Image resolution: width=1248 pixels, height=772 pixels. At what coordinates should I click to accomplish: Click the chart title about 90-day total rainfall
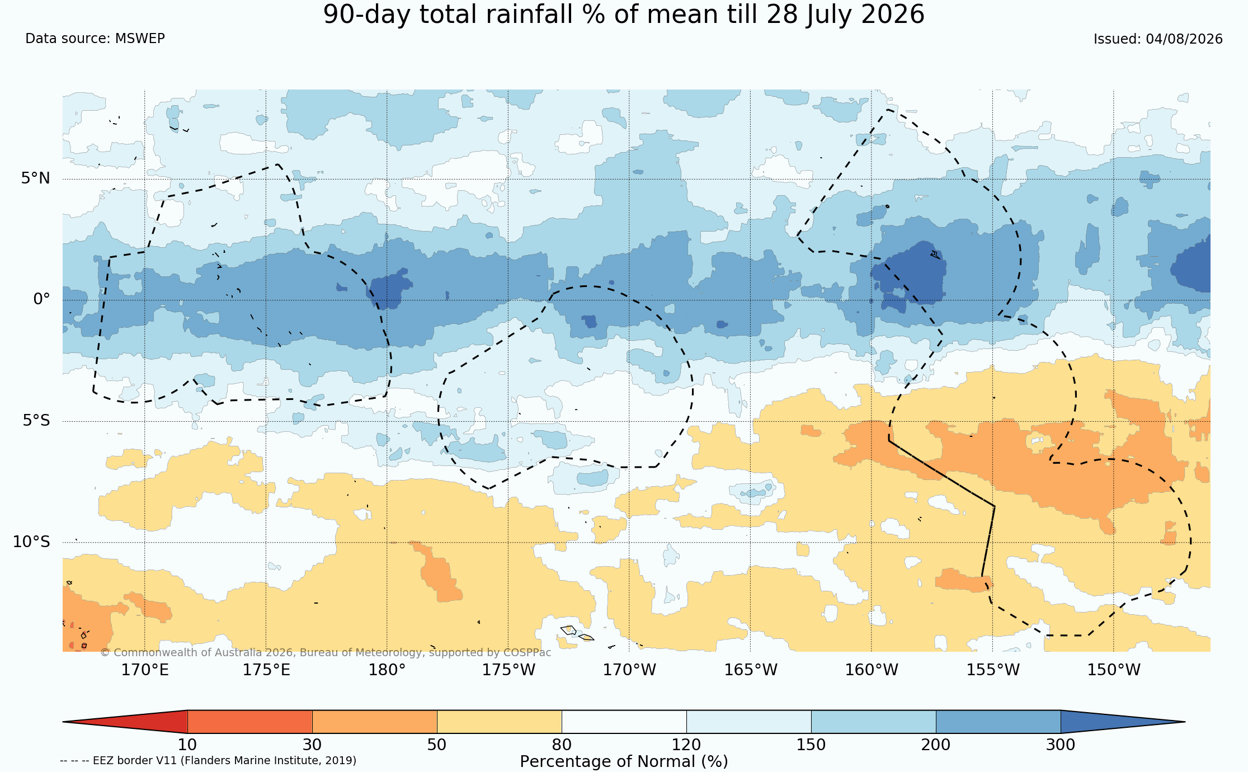pyautogui.click(x=624, y=15)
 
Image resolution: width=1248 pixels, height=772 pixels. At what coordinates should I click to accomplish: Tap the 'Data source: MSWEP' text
pyautogui.click(x=95, y=39)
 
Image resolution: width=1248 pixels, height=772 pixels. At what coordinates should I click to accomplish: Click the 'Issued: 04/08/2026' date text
pyautogui.click(x=1158, y=39)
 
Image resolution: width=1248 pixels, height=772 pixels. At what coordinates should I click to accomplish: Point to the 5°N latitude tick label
pyautogui.click(x=36, y=178)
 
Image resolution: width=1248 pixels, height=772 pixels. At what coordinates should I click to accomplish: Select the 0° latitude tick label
pyautogui.click(x=42, y=299)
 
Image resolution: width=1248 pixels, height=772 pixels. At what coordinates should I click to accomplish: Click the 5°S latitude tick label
pyautogui.click(x=36, y=421)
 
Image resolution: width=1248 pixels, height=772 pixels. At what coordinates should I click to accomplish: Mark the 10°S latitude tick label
pyautogui.click(x=32, y=542)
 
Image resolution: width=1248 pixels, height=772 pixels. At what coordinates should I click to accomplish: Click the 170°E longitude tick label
pyautogui.click(x=145, y=670)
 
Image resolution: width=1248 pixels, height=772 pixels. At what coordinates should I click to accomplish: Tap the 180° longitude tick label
pyautogui.click(x=387, y=670)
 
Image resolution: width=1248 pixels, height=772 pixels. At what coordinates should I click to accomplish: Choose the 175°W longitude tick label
pyautogui.click(x=508, y=670)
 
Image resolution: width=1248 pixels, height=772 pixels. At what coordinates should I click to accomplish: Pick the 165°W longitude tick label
pyautogui.click(x=751, y=670)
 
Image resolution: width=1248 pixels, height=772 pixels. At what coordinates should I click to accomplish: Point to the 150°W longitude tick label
pyautogui.click(x=1114, y=670)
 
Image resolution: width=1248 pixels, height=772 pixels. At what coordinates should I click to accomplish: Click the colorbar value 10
pyautogui.click(x=187, y=745)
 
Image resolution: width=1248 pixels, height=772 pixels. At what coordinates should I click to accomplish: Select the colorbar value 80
pyautogui.click(x=562, y=745)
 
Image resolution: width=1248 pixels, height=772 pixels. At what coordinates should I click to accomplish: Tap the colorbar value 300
pyautogui.click(x=1061, y=745)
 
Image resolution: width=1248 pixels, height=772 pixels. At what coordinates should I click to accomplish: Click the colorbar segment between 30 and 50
pyautogui.click(x=374, y=722)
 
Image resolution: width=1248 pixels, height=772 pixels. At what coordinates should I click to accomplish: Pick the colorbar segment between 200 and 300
pyautogui.click(x=998, y=722)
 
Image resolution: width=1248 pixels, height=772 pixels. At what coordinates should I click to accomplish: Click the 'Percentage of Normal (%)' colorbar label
pyautogui.click(x=624, y=762)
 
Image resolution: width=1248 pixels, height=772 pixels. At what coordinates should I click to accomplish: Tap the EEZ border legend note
pyautogui.click(x=208, y=761)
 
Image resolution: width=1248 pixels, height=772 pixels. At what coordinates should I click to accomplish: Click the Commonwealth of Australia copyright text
pyautogui.click(x=326, y=653)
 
